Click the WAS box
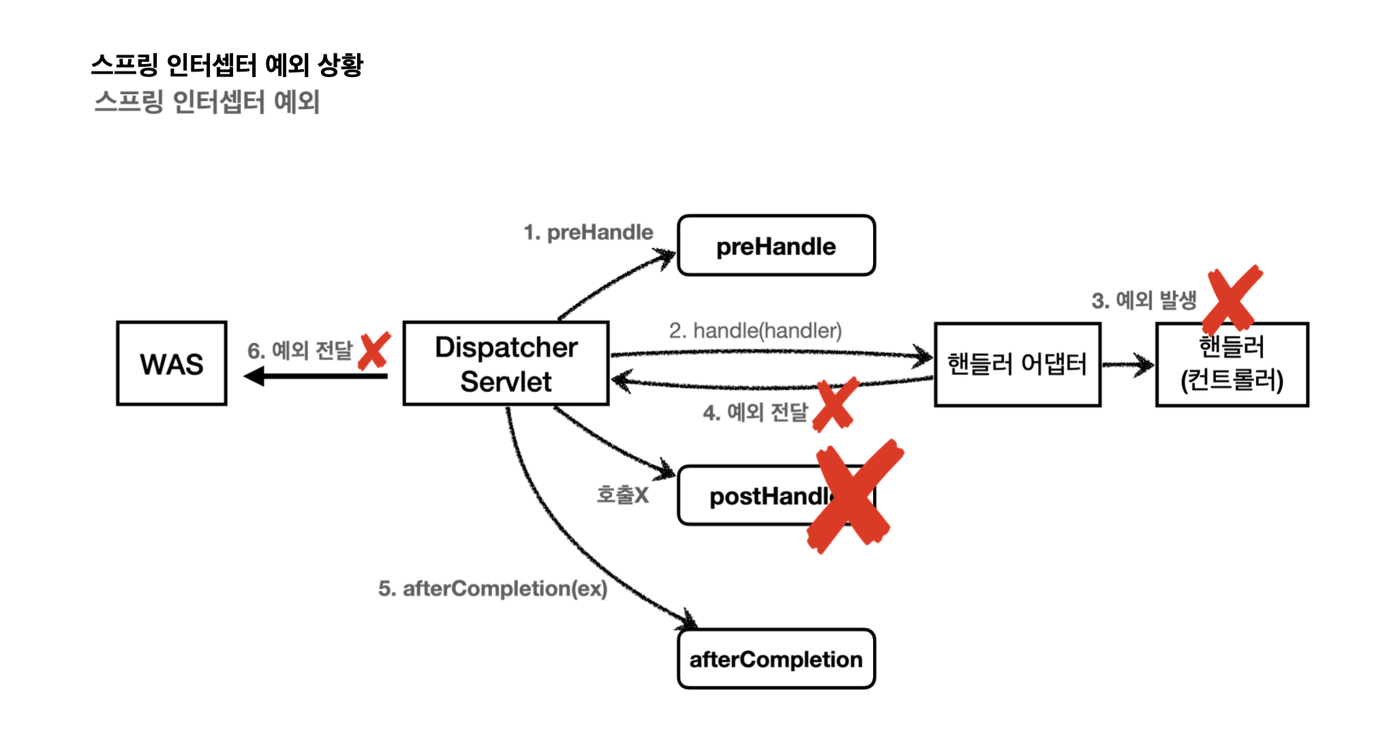tap(171, 363)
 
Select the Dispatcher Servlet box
tap(506, 363)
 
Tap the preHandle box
tap(776, 245)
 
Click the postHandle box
tap(750, 496)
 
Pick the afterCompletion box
tap(776, 659)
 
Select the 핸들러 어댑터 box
tap(1017, 364)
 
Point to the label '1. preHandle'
tap(588, 232)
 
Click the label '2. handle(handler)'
tap(755, 331)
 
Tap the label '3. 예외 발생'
tap(1144, 300)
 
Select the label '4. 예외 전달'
tap(755, 412)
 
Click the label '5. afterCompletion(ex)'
tap(492, 588)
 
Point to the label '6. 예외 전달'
tap(300, 350)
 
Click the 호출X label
tap(622, 494)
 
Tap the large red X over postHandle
tap(854, 496)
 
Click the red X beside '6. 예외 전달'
tap(374, 350)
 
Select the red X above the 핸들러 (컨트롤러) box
tap(1232, 298)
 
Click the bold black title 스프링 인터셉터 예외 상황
tap(227, 65)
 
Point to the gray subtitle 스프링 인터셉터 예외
tap(207, 102)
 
